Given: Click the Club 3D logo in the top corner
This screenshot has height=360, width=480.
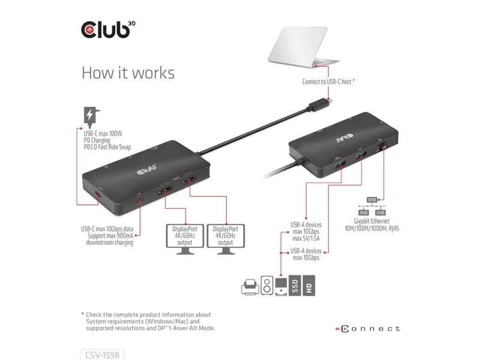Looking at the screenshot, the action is pos(108,29).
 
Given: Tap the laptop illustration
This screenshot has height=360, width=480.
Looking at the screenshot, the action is pos(304,47).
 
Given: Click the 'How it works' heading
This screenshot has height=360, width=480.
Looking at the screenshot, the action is pos(128,73).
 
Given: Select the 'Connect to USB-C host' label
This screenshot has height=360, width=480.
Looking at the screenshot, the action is pos(326,82).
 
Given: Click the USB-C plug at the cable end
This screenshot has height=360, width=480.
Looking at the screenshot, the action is pos(320,104).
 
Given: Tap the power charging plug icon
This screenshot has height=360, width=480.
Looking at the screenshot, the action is pos(91,118).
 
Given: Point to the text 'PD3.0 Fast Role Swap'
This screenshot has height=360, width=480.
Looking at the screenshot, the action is pos(107,147).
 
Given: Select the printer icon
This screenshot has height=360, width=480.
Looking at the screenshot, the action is pos(250,287).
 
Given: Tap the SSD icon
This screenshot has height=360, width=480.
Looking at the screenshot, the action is pos(295,286).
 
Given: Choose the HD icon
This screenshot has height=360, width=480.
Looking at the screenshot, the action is pos(308,286).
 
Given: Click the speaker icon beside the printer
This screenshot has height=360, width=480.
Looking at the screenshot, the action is pos(267,286).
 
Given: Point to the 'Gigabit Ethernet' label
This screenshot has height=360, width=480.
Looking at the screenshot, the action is pos(371,221).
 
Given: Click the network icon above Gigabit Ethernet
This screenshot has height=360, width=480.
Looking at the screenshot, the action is pos(372,206).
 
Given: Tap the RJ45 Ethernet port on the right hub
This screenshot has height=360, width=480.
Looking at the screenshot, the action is pos(382,145).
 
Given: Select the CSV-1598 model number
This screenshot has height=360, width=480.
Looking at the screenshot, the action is pos(102,355).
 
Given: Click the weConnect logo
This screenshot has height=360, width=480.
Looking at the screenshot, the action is pos(367,329).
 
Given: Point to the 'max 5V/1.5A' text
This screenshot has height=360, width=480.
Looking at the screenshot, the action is pos(306,238).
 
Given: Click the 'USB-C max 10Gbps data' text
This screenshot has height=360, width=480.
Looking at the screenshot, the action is pos(107,229).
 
